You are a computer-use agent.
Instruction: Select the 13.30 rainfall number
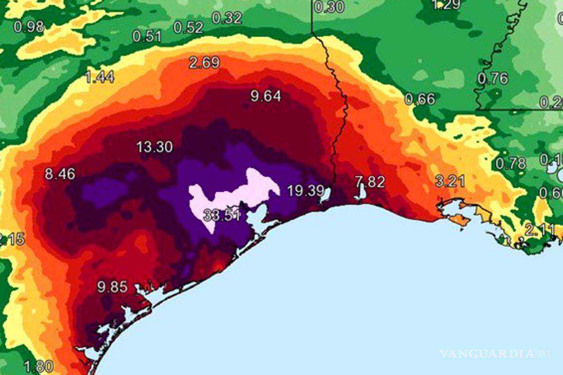point(154,147)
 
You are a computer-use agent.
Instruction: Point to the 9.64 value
point(266,97)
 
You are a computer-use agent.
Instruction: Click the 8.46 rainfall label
point(60,174)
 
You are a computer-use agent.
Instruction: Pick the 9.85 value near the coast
point(112,287)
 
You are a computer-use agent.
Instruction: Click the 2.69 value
point(204,62)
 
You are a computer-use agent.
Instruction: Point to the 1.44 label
point(99,77)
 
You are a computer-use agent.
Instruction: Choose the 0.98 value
point(29,27)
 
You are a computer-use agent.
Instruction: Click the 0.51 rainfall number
point(147,36)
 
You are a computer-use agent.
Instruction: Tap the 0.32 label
point(227,18)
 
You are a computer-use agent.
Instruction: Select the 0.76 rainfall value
point(493,78)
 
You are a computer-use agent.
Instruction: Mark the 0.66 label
point(419,99)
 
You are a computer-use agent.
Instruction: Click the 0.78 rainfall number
point(511,164)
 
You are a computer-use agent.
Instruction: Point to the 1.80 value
point(38,366)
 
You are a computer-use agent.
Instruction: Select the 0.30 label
point(329,7)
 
